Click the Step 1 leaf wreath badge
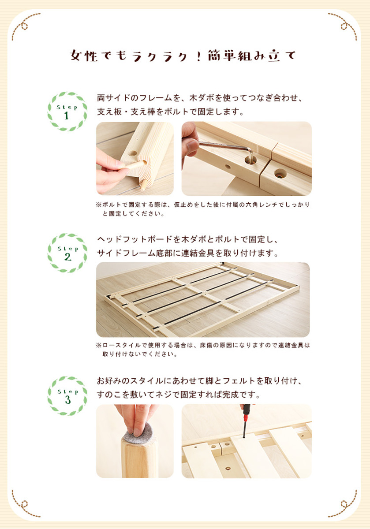(x=67, y=112)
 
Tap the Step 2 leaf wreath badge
(x=67, y=253)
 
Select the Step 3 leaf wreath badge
(x=67, y=396)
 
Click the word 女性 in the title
(x=84, y=56)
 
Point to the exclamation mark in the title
(x=198, y=56)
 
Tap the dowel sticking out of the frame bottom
(x=143, y=185)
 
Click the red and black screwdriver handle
(x=247, y=412)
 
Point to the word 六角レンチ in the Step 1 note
(x=262, y=205)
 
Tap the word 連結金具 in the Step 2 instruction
(x=198, y=253)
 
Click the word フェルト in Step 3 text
(x=239, y=381)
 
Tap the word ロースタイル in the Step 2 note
(x=122, y=345)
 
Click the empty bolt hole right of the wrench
(x=280, y=174)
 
